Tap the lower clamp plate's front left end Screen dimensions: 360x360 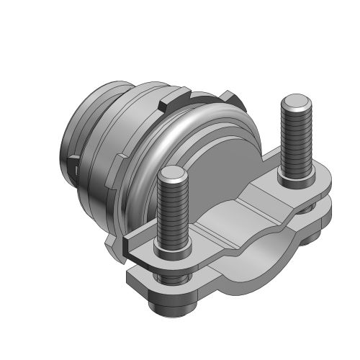point(137,277)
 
